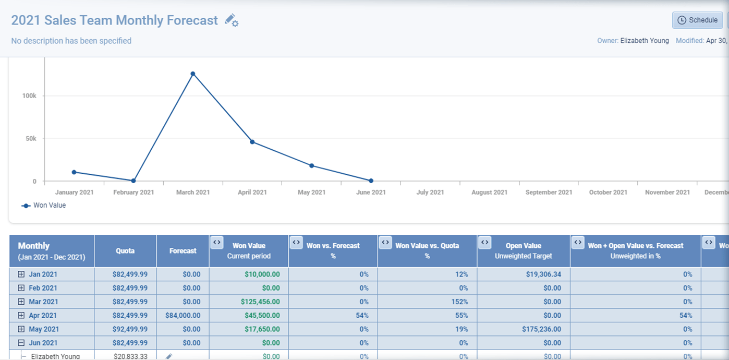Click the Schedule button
(697, 20)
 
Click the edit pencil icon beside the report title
(231, 20)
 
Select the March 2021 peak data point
(193, 74)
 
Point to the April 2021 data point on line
(252, 142)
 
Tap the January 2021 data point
(74, 172)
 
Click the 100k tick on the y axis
(29, 96)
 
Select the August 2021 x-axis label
(489, 193)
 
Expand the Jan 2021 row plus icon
(21, 274)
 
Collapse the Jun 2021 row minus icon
(21, 343)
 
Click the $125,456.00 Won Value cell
(260, 302)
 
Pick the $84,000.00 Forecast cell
(183, 316)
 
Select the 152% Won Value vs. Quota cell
(459, 302)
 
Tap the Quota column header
(125, 251)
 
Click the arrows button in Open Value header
(484, 243)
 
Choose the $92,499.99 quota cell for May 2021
(130, 329)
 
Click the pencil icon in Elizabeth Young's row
(169, 356)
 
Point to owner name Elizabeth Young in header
(645, 41)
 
